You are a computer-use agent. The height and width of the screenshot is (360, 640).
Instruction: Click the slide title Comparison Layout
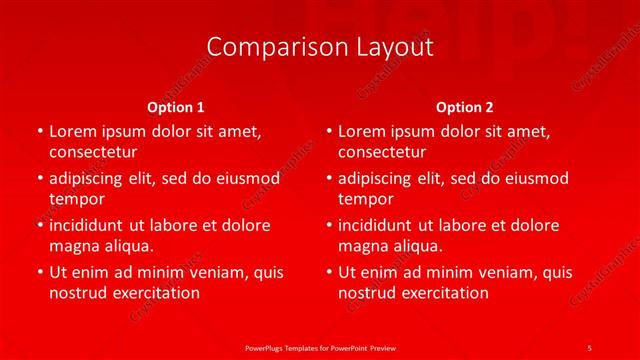tap(320, 47)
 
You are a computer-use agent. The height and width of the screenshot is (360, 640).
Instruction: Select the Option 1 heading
tap(176, 106)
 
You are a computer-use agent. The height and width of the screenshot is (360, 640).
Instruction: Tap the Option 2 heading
tap(465, 106)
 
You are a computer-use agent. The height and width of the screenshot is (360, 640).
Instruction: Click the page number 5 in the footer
tap(589, 347)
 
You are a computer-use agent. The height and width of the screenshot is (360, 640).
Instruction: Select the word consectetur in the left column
tap(93, 152)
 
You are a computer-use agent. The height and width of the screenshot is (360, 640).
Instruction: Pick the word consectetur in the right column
tap(382, 152)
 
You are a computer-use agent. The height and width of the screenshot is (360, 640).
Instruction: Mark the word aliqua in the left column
tap(127, 246)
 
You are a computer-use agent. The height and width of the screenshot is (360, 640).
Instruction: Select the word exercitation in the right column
tap(442, 293)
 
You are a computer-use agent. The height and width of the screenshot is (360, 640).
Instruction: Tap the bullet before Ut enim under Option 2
tap(329, 272)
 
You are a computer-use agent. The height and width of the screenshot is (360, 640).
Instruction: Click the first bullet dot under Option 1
tap(39, 131)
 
